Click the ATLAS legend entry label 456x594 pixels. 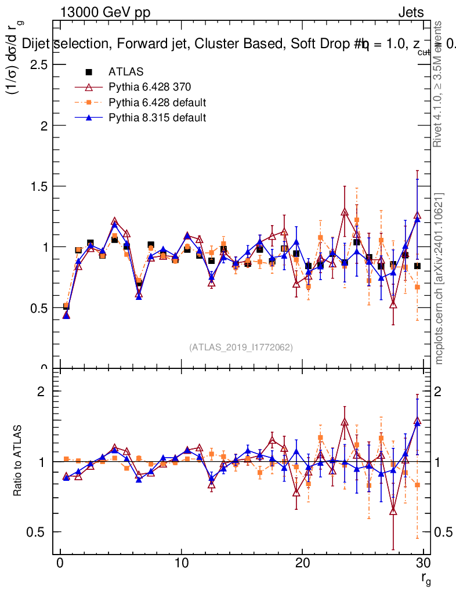click(x=123, y=72)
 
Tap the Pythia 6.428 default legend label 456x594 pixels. click(x=157, y=103)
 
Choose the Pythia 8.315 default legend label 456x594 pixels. click(x=157, y=118)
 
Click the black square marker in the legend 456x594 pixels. click(x=89, y=72)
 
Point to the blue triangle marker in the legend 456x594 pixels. click(x=89, y=118)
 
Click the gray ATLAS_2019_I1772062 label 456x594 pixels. click(x=241, y=347)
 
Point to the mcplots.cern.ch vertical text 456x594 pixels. click(x=439, y=278)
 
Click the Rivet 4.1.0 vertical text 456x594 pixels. click(x=439, y=84)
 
